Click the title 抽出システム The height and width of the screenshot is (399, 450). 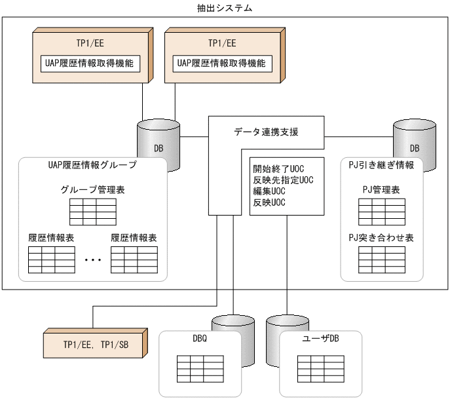pyautogui.click(x=225, y=9)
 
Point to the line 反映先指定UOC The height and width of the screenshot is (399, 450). pyautogui.click(x=283, y=180)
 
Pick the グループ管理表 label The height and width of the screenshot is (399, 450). pyautogui.click(x=93, y=190)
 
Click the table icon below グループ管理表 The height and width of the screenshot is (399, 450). pyautogui.click(x=93, y=211)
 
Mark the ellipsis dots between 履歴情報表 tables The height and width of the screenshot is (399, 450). pyautogui.click(x=93, y=260)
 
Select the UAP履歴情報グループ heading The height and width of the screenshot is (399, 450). pyautogui.click(x=92, y=166)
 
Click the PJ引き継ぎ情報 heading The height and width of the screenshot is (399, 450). pyautogui.click(x=381, y=166)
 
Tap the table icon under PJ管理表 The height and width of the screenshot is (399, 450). pyautogui.click(x=381, y=211)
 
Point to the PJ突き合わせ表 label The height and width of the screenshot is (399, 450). pyautogui.click(x=381, y=238)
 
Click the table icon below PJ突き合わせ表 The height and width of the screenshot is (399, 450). pyautogui.click(x=381, y=259)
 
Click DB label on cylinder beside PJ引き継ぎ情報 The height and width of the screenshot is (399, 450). pyautogui.click(x=414, y=148)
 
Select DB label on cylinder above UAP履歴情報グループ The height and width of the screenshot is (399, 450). pyautogui.click(x=159, y=148)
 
